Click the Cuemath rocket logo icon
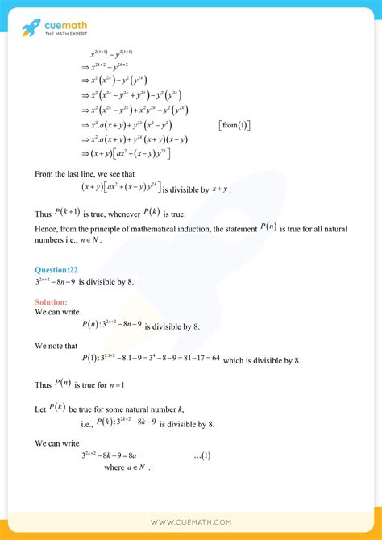[30, 30]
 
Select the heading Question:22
[56, 269]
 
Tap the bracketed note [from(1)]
[235, 125]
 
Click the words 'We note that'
[56, 345]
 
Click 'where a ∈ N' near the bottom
[128, 468]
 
